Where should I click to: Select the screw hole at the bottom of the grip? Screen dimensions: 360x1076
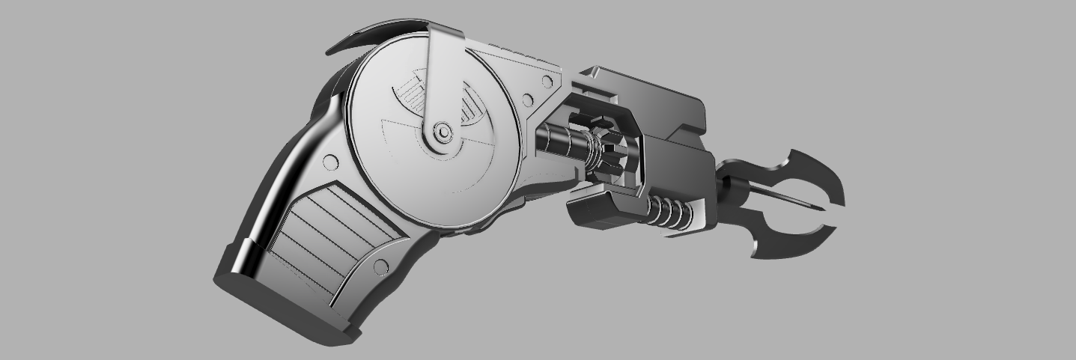pyautogui.click(x=380, y=266)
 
